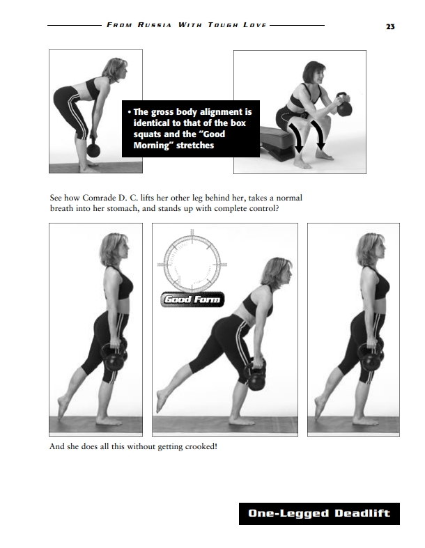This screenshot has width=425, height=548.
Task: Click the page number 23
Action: point(390,26)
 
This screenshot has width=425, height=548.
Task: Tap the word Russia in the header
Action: point(154,25)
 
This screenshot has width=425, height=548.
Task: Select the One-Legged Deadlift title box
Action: point(319,513)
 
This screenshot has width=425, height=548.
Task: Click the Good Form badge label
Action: point(192,299)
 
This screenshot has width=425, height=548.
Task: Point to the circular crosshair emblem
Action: point(192,263)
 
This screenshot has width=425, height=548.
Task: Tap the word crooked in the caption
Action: point(200,446)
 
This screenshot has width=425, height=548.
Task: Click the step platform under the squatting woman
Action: point(278,143)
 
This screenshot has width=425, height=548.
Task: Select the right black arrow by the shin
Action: point(318,135)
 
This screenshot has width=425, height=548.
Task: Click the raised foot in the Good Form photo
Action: point(161,400)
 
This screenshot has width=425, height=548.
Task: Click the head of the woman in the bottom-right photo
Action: point(371,249)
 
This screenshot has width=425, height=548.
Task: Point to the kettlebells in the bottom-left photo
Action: point(115,356)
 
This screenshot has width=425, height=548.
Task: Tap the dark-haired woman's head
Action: point(314,72)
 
